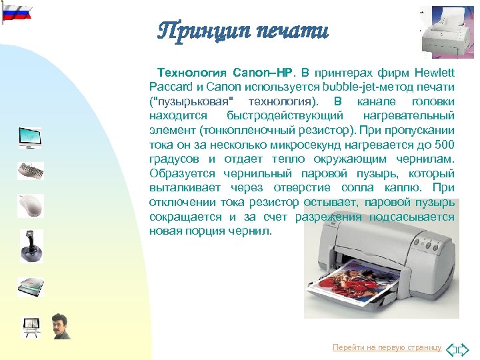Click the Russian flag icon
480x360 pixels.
(x=17, y=11)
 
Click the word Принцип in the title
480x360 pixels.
(x=200, y=30)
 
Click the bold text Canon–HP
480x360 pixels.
(x=263, y=72)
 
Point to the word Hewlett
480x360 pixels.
(x=434, y=72)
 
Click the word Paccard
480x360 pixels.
(x=169, y=87)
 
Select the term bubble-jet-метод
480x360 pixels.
(x=361, y=87)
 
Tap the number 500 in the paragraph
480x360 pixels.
(x=444, y=144)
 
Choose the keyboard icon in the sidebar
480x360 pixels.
(x=30, y=171)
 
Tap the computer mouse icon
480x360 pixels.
(x=30, y=205)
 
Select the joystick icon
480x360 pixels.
(x=30, y=245)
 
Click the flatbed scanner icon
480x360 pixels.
(x=30, y=286)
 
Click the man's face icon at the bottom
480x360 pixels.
(x=61, y=326)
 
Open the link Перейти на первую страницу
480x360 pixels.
(x=387, y=347)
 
